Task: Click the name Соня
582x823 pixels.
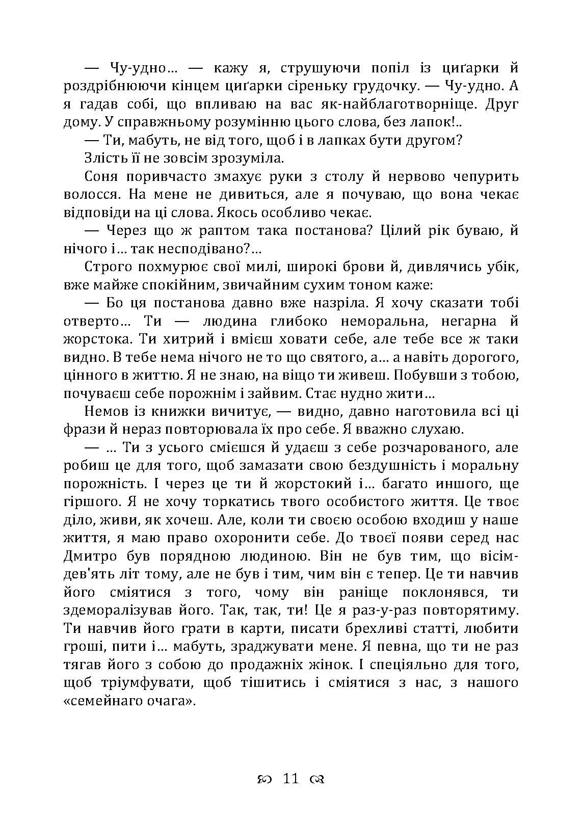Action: (x=100, y=177)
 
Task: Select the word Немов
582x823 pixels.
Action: (x=104, y=411)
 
